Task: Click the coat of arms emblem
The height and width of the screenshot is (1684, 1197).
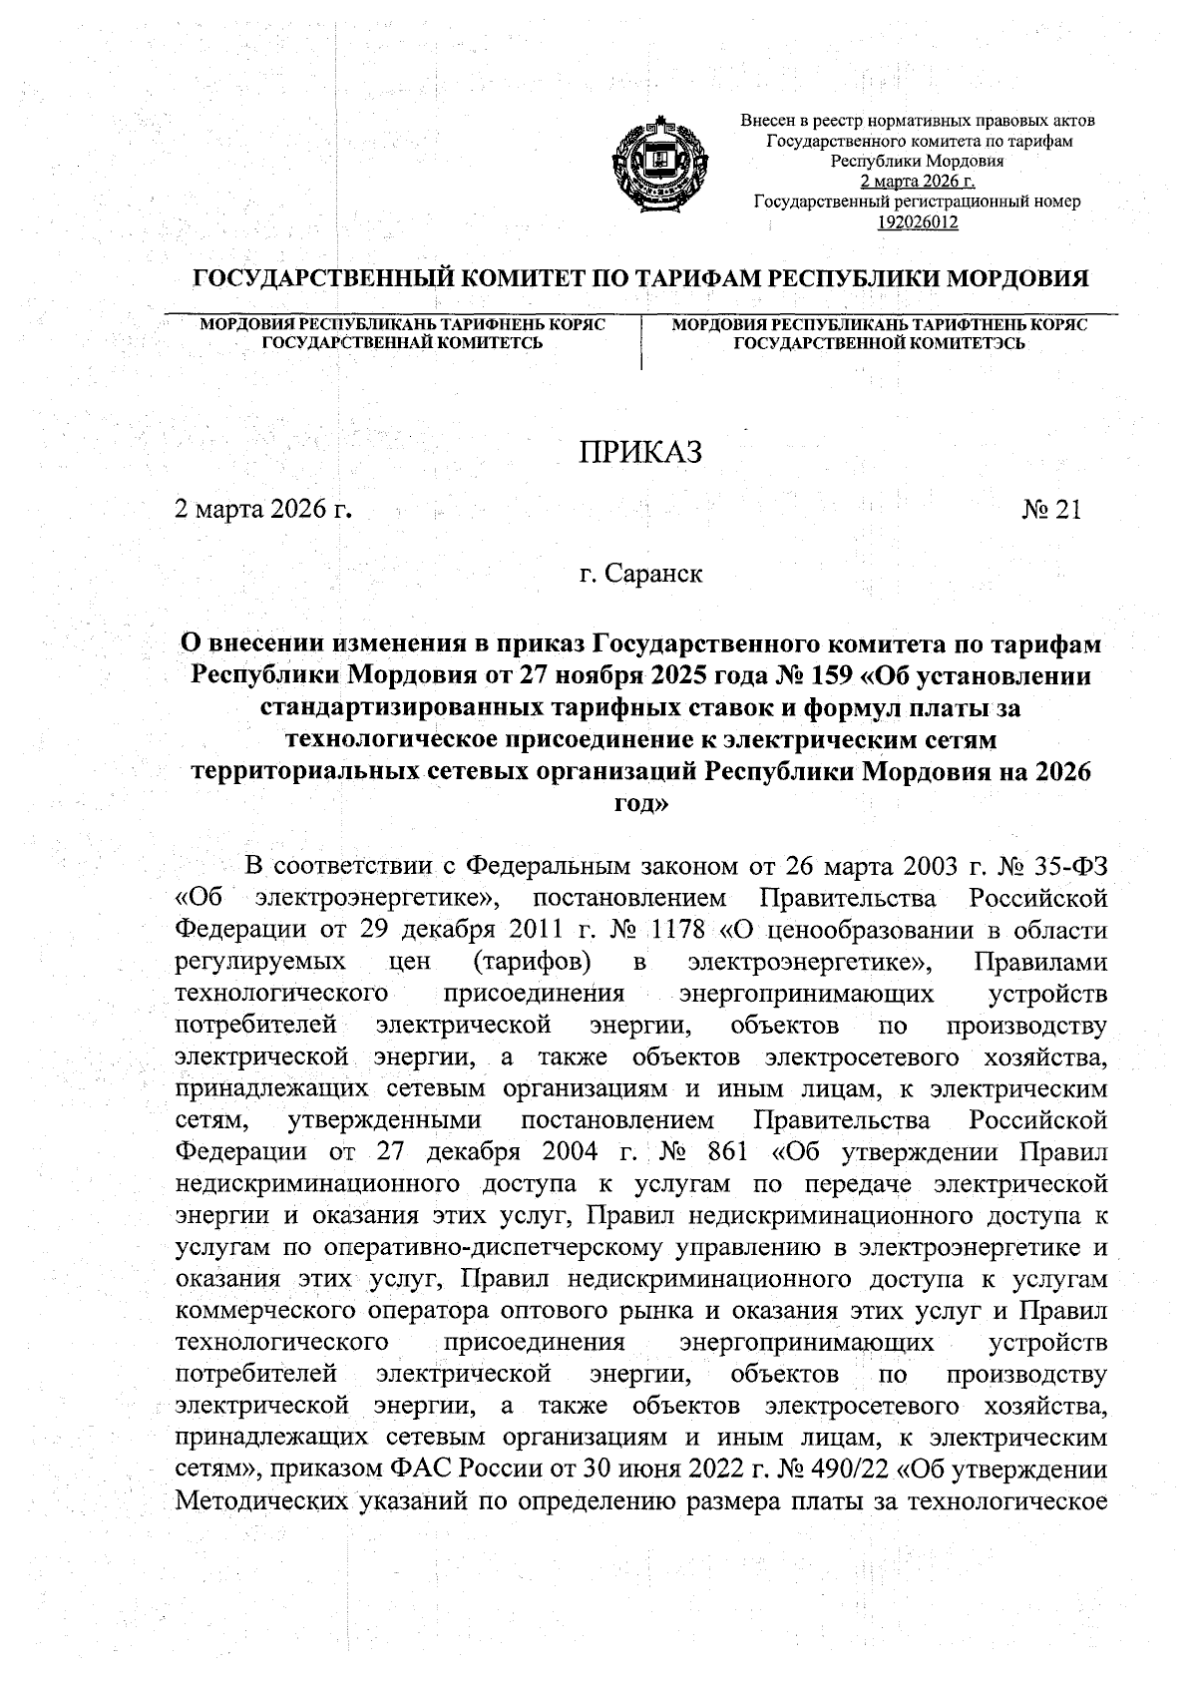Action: pyautogui.click(x=658, y=166)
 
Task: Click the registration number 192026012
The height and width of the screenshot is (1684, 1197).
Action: pyautogui.click(x=917, y=222)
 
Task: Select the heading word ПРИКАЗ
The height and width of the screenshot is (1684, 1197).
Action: pyautogui.click(x=641, y=452)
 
